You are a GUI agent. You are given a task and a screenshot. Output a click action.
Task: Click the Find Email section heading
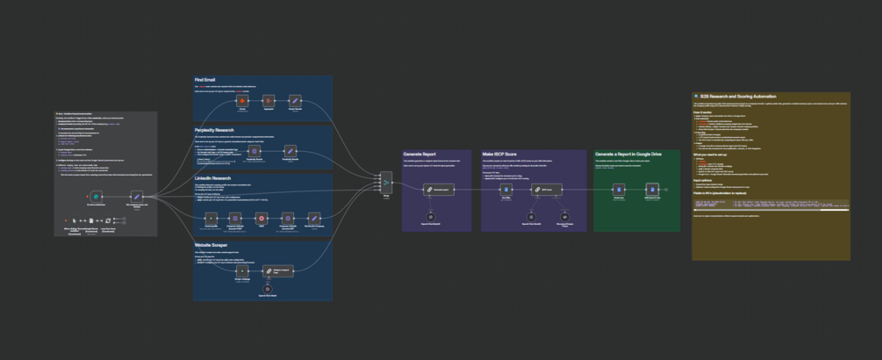click(204, 80)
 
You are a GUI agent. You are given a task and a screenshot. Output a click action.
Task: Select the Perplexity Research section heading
click(215, 130)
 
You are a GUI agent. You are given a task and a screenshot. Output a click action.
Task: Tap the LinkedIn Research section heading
click(213, 177)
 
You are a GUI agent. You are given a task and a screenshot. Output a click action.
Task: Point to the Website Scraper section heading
click(212, 246)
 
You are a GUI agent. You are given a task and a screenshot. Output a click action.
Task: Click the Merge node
click(386, 182)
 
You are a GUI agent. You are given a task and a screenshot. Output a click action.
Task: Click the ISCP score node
click(547, 189)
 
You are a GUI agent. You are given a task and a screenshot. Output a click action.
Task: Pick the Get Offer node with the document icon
click(505, 189)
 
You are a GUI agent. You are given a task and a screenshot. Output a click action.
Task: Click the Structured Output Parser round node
click(565, 215)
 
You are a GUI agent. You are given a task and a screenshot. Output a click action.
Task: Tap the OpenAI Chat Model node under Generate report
click(430, 215)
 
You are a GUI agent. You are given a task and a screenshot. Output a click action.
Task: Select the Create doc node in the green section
click(619, 189)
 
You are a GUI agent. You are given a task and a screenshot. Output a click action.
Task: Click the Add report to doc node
click(651, 189)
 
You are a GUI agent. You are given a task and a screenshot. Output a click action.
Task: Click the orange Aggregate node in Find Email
click(269, 101)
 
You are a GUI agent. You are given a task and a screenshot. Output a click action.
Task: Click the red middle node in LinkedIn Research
click(262, 217)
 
